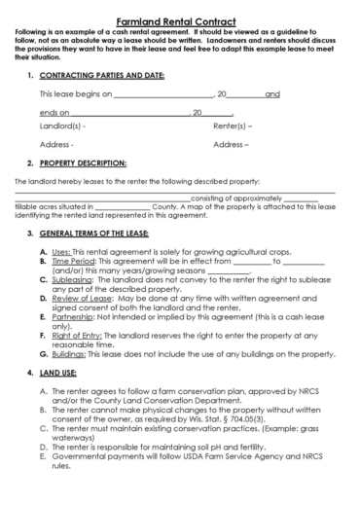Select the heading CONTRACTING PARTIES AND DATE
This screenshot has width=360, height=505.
(x=101, y=74)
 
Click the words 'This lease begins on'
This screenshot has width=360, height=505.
(x=75, y=93)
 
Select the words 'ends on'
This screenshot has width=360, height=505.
(x=54, y=112)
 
